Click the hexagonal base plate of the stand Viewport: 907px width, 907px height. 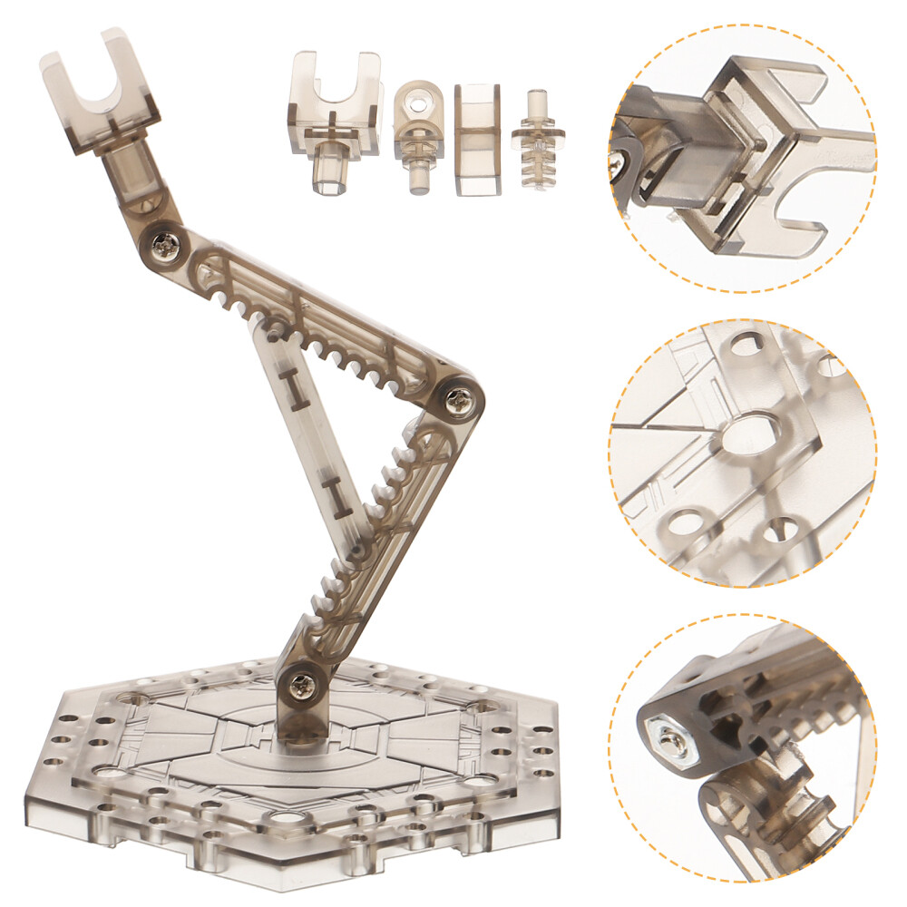tap(299, 771)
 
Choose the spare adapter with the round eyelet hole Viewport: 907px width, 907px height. tap(418, 132)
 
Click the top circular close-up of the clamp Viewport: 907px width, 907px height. tap(742, 159)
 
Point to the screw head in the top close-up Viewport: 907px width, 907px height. tap(622, 164)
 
